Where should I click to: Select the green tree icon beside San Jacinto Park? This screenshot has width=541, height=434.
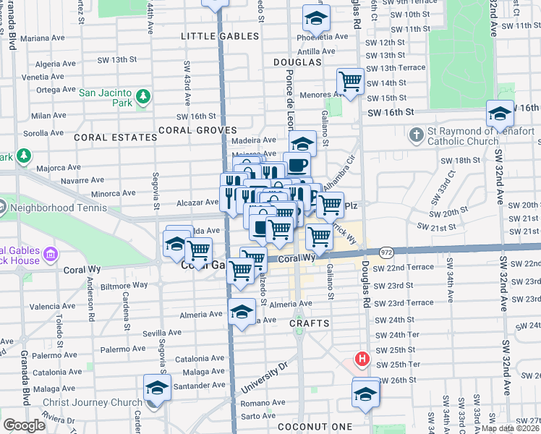143,95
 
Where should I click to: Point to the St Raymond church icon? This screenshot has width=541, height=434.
416,135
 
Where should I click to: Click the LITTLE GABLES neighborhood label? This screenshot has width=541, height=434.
220,36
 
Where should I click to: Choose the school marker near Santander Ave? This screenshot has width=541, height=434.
156,388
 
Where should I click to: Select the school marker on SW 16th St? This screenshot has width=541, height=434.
500,113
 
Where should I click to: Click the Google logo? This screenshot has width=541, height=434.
24,425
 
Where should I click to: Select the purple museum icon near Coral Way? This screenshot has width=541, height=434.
49,254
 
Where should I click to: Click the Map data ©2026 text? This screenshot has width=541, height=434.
509,428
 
